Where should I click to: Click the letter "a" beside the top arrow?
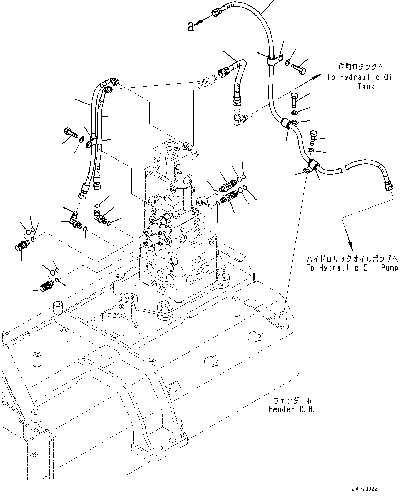191,27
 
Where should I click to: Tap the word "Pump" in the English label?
389,268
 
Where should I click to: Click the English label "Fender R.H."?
291,409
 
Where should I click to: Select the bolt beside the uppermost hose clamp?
298,68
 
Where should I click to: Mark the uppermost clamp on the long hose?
272,61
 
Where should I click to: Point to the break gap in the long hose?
343,168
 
